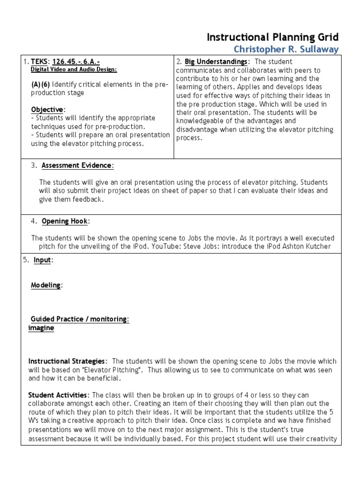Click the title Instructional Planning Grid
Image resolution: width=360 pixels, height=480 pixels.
(272, 37)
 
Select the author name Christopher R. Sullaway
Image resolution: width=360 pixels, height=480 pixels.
(286, 49)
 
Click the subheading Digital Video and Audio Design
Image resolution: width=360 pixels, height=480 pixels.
(74, 69)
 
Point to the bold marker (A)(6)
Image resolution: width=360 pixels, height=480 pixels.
(41, 84)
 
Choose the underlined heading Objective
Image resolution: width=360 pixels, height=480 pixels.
(47, 109)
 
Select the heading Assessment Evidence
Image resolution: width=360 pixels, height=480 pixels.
(77, 165)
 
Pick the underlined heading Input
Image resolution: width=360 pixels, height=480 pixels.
(42, 260)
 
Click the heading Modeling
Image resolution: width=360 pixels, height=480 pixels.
(45, 285)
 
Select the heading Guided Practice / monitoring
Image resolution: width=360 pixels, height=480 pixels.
(79, 319)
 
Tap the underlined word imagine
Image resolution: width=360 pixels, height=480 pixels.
(41, 328)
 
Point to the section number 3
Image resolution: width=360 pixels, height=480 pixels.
(34, 165)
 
